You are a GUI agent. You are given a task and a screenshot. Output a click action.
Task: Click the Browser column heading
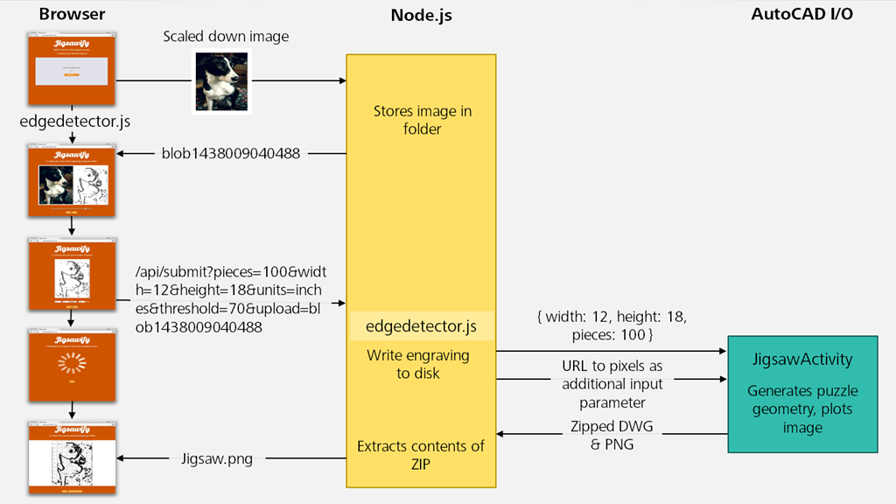point(72,14)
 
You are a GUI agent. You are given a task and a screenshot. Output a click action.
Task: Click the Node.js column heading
point(420,15)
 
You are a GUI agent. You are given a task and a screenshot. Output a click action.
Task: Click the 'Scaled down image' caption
point(226,37)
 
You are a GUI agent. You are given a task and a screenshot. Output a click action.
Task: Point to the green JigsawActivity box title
point(803,360)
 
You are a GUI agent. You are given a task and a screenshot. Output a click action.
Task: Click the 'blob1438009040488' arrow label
point(230,154)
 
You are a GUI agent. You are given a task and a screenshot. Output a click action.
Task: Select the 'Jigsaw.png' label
point(217,458)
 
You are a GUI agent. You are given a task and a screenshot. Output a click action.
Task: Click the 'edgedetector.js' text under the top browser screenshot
point(72,122)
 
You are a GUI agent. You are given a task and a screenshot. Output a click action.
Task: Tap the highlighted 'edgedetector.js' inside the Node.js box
point(422,326)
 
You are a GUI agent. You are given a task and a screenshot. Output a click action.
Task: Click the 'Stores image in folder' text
point(422,120)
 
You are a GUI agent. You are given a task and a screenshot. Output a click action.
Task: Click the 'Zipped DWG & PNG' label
point(612,435)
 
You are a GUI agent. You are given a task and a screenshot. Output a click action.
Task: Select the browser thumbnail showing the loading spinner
point(72,363)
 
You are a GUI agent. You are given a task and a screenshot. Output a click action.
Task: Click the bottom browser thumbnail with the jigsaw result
point(72,458)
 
